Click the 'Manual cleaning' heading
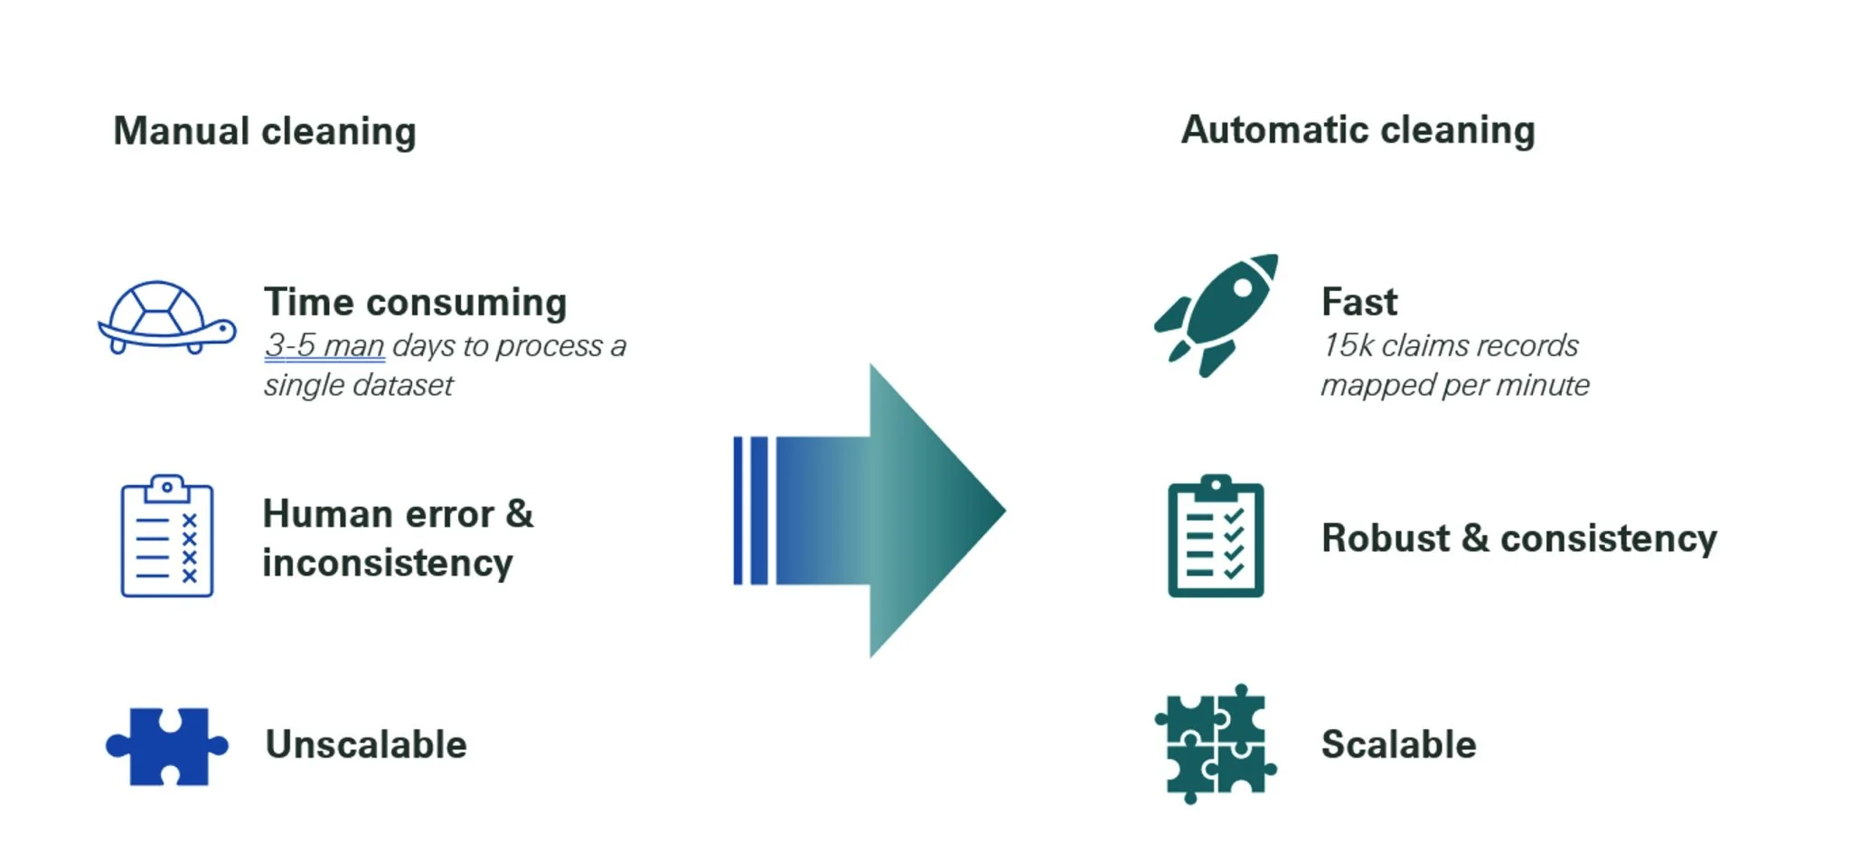click(264, 132)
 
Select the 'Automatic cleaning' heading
click(1358, 131)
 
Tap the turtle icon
click(166, 318)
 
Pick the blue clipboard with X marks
click(167, 537)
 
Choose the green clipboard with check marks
click(1215, 537)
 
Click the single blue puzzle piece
click(167, 746)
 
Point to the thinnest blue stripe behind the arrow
click(738, 510)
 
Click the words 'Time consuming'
click(415, 303)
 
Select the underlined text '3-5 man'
click(324, 346)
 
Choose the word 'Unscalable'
click(366, 745)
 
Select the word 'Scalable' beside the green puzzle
click(1398, 745)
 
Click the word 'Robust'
click(1386, 539)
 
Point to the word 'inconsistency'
click(388, 564)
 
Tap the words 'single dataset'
click(359, 386)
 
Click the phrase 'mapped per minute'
click(1454, 386)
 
